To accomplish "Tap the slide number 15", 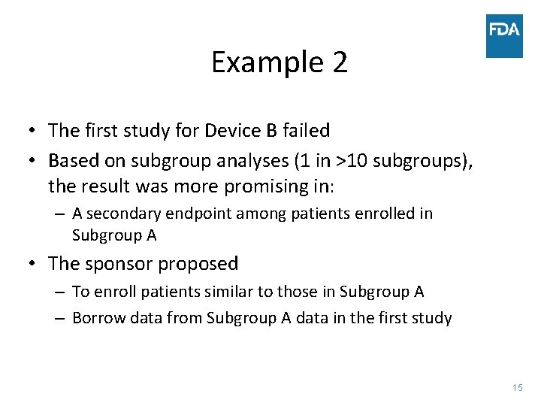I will pos(517,387).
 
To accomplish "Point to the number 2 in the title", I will pos(340,62).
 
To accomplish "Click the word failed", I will pos(306,131).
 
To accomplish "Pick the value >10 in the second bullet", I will pos(348,161).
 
